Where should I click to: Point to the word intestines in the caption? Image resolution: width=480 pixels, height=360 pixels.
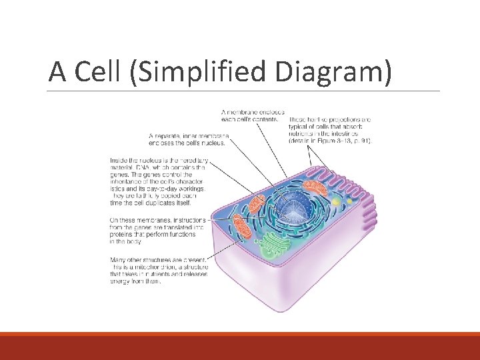tap(348, 133)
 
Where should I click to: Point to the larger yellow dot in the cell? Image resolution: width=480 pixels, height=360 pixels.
tap(337, 201)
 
